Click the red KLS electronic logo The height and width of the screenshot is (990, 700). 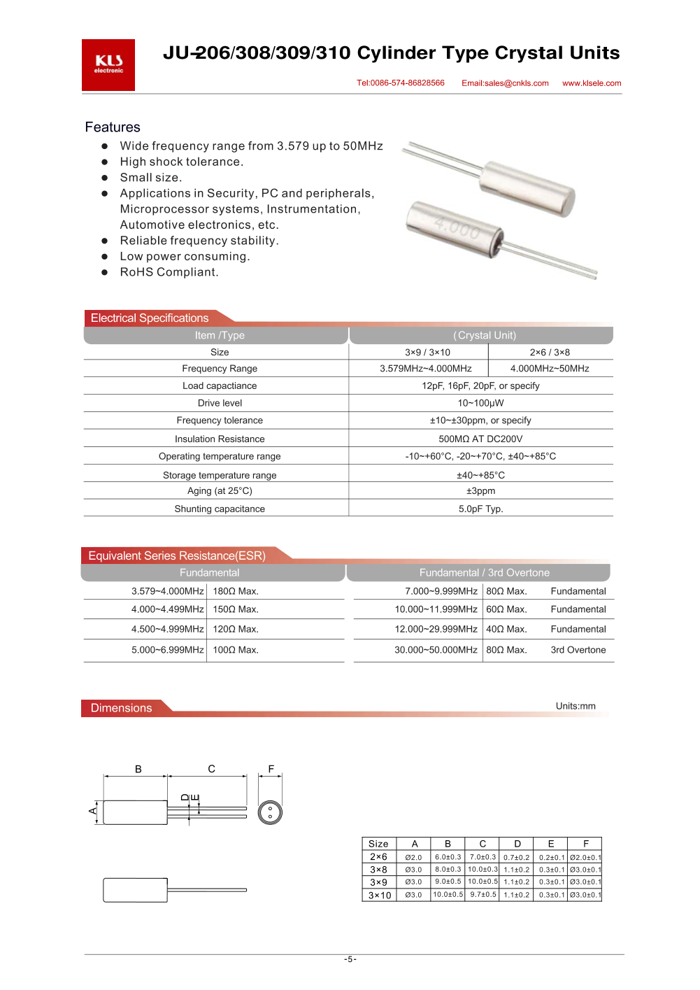pyautogui.click(x=108, y=65)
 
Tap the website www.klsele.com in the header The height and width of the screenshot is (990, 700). pyautogui.click(x=592, y=83)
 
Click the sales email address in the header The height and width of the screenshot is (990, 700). pyautogui.click(x=505, y=83)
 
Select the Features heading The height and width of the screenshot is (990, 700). pyautogui.click(x=113, y=127)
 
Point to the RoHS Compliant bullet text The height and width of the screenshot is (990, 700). pyautogui.click(x=169, y=272)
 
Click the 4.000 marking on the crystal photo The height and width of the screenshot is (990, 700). pyautogui.click(x=457, y=228)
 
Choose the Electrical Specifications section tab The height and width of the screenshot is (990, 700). pyautogui.click(x=150, y=318)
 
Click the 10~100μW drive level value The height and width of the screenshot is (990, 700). pyautogui.click(x=480, y=403)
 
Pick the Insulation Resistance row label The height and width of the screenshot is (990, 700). pyautogui.click(x=220, y=439)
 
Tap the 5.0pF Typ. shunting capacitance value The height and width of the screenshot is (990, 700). pyautogui.click(x=480, y=509)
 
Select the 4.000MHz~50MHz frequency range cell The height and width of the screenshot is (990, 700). pyautogui.click(x=550, y=369)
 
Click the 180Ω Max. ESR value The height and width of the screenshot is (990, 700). pyautogui.click(x=236, y=591)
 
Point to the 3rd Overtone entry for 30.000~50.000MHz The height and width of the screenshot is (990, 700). pyautogui.click(x=578, y=650)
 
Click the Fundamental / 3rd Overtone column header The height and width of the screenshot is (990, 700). pyautogui.click(x=484, y=573)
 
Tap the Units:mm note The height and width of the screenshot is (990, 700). pyautogui.click(x=576, y=706)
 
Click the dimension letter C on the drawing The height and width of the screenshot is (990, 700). pyautogui.click(x=211, y=769)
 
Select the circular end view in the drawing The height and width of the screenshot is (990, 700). pyautogui.click(x=270, y=812)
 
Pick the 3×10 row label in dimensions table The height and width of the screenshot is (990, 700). pyautogui.click(x=380, y=896)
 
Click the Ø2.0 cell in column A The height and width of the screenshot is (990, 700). pyautogui.click(x=413, y=858)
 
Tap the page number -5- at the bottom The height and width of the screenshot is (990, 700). pyautogui.click(x=350, y=959)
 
